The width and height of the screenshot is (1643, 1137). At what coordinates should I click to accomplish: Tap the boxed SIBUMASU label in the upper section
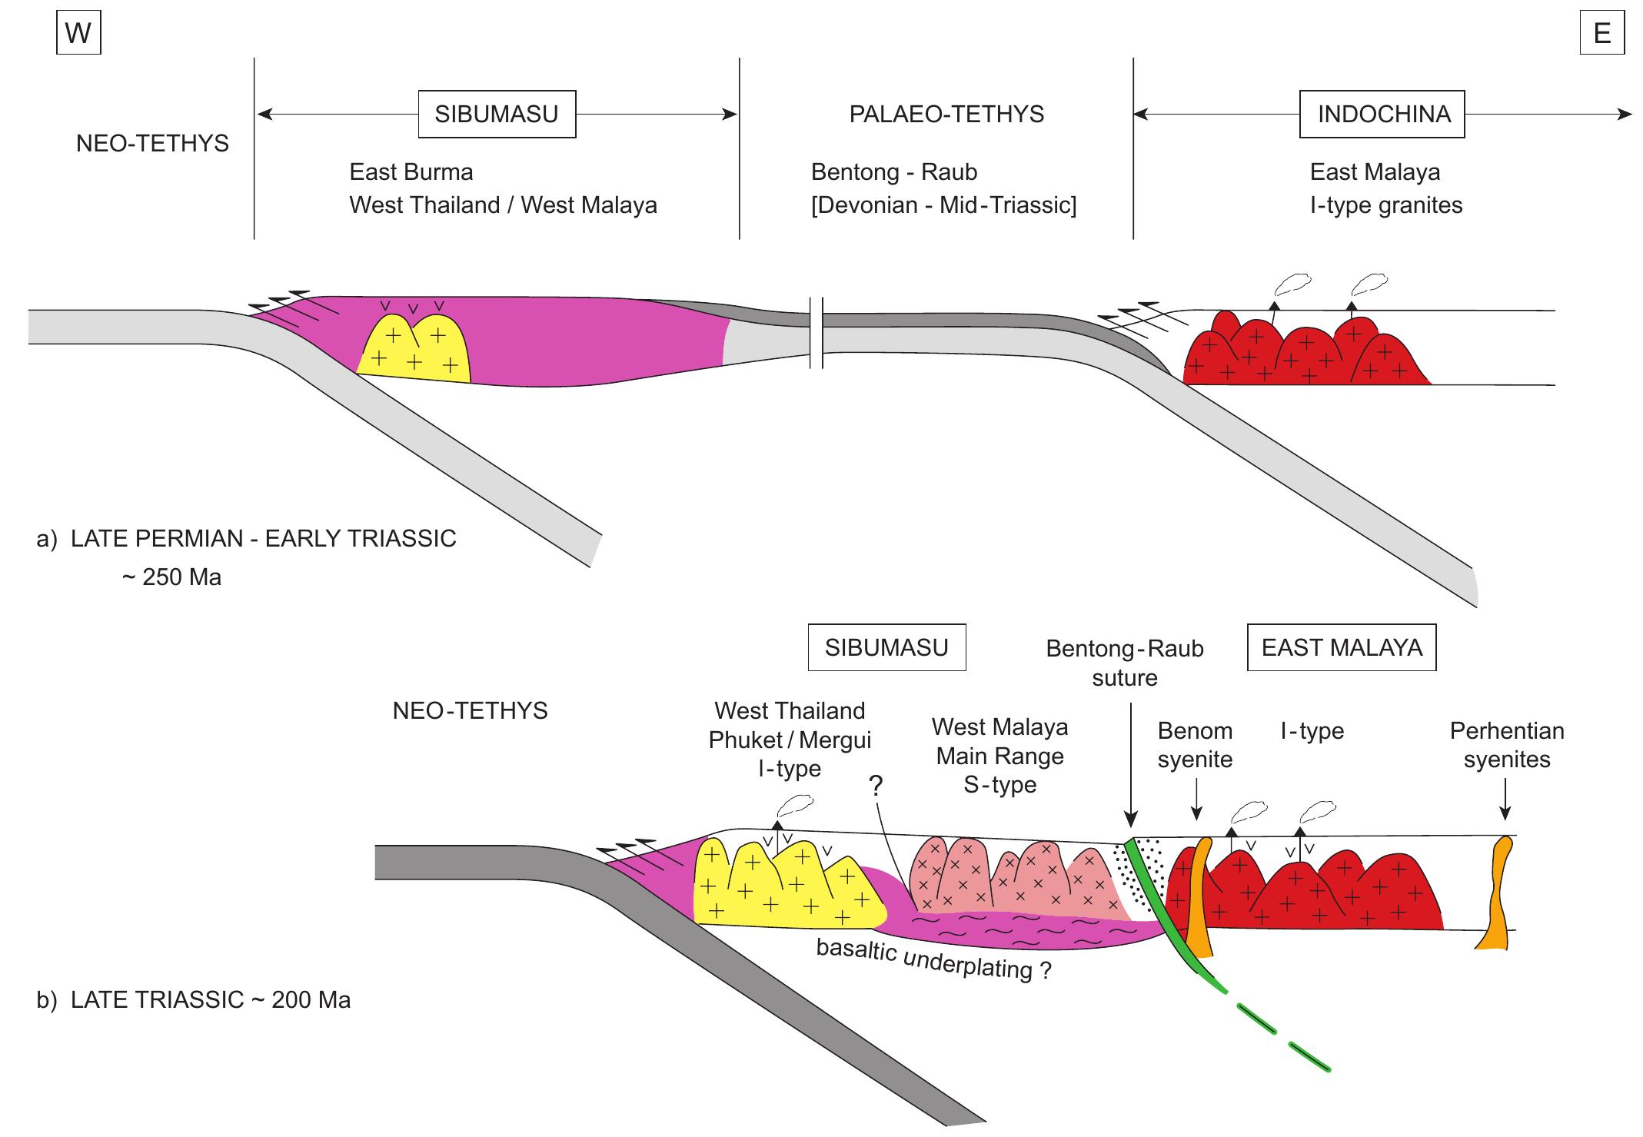[497, 115]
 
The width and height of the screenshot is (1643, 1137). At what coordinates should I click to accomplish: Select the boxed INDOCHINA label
[1382, 115]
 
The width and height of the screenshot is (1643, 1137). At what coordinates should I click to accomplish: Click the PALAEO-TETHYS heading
[946, 115]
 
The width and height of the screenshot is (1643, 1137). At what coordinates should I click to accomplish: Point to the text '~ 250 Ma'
[171, 577]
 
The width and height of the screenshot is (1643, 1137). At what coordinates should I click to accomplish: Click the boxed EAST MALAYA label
[1341, 647]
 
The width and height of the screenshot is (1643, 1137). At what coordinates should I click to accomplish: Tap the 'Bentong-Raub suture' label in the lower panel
[1124, 663]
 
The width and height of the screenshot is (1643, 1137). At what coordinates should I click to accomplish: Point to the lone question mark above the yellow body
[876, 786]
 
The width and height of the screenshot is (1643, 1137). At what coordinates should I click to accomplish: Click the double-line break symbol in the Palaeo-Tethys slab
[817, 332]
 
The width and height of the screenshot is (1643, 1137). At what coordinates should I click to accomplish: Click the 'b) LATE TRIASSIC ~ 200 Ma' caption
[194, 1000]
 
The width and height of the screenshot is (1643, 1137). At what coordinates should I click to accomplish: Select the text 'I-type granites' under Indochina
[1385, 205]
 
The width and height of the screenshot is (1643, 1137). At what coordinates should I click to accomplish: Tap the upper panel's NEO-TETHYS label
[152, 144]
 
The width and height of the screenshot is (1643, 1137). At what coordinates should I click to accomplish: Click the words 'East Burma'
[411, 171]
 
